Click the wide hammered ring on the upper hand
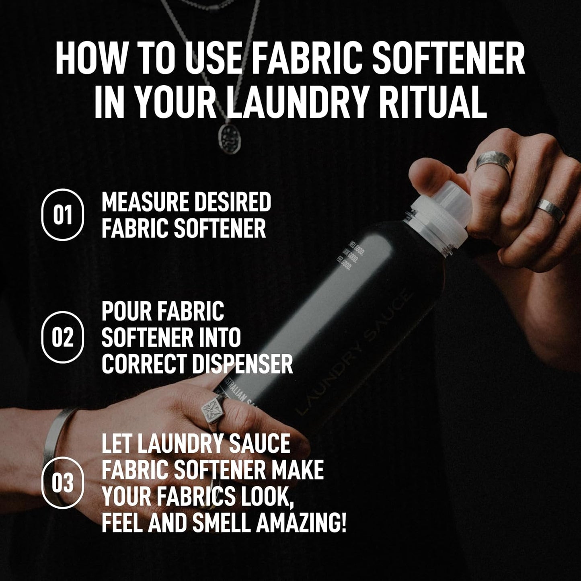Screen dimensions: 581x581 click(x=494, y=163)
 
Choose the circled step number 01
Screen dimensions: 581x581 click(x=63, y=215)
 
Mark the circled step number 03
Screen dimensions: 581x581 click(x=63, y=483)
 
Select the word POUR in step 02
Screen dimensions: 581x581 click(x=126, y=311)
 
